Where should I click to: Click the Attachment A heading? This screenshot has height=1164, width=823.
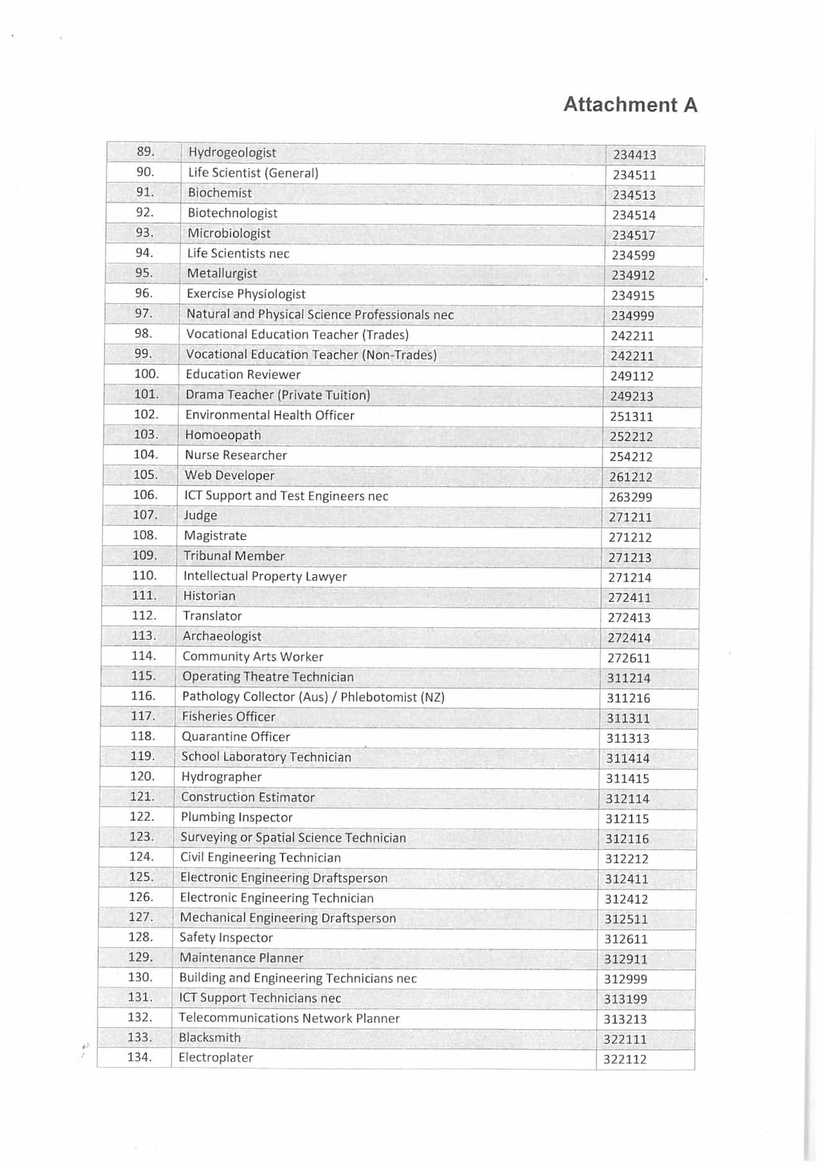pyautogui.click(x=630, y=105)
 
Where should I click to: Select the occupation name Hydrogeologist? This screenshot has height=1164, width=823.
pyautogui.click(x=232, y=152)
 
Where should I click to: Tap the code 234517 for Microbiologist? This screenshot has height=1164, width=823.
pyautogui.click(x=633, y=236)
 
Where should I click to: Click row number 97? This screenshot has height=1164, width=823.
pyautogui.click(x=143, y=313)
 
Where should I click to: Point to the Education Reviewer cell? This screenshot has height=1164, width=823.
pyautogui.click(x=243, y=374)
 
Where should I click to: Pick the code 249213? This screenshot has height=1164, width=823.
pyautogui.click(x=631, y=396)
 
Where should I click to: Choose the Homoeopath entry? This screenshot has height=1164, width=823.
pyautogui.click(x=223, y=435)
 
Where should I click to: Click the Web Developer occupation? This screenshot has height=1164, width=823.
pyautogui.click(x=230, y=476)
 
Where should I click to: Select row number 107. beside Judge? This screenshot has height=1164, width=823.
pyautogui.click(x=145, y=515)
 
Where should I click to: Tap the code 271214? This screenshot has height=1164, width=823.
pyautogui.click(x=629, y=578)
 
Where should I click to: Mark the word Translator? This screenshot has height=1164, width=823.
pyautogui.click(x=212, y=616)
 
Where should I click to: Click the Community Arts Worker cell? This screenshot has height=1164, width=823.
pyautogui.click(x=253, y=656)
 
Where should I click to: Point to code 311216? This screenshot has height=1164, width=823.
pyautogui.click(x=628, y=698)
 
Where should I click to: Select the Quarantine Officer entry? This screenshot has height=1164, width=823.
pyautogui.click(x=235, y=737)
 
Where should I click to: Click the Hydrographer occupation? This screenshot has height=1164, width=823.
pyautogui.click(x=221, y=777)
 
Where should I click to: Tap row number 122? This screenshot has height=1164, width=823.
pyautogui.click(x=141, y=817)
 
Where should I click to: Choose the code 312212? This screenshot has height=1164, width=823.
pyautogui.click(x=627, y=859)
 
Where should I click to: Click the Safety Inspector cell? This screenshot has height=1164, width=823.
pyautogui.click(x=226, y=938)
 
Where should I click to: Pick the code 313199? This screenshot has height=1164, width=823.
pyautogui.click(x=625, y=999)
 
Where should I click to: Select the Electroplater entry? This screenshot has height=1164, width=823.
pyautogui.click(x=215, y=1057)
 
